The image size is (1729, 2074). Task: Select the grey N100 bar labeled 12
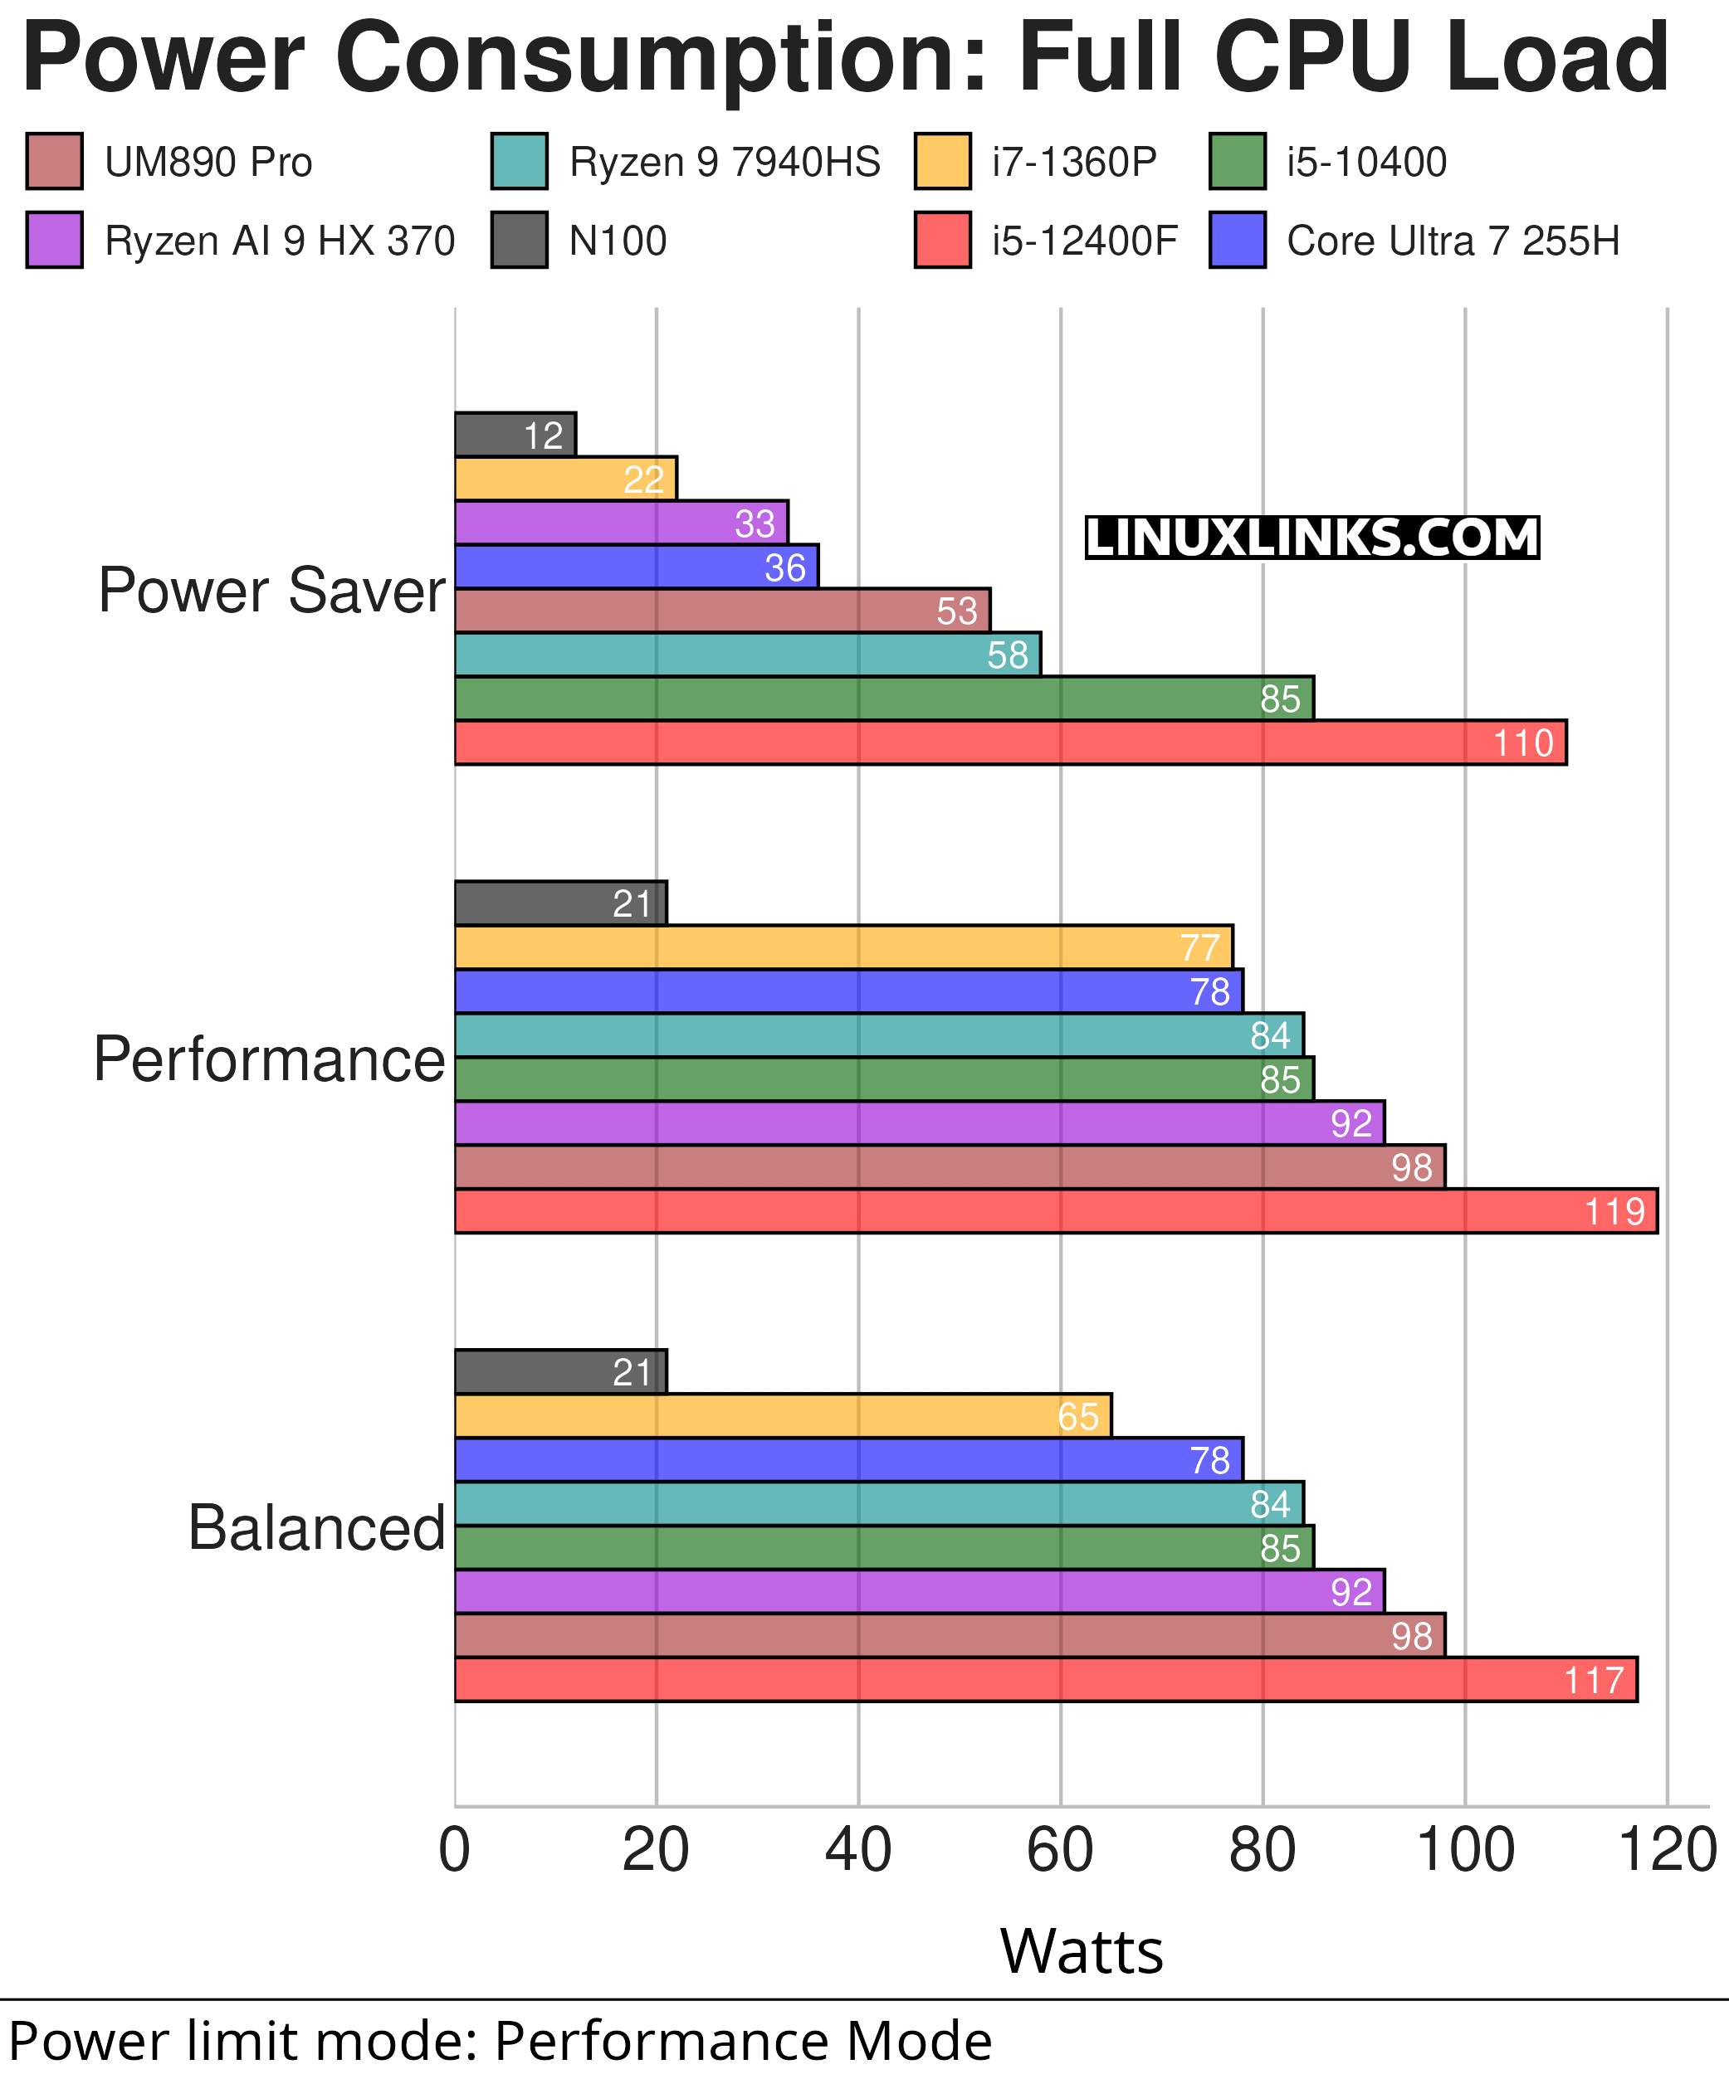click(x=514, y=435)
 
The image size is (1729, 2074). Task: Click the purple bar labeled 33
click(x=620, y=523)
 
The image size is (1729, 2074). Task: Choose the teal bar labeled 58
click(x=746, y=655)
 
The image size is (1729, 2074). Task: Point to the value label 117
click(x=1593, y=1680)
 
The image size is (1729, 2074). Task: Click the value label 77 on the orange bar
click(x=1199, y=948)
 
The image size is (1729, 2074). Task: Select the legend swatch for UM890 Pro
click(x=54, y=161)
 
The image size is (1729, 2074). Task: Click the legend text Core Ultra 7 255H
click(x=1453, y=241)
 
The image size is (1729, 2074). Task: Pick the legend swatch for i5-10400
click(x=1237, y=161)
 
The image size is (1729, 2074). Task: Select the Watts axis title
click(x=1082, y=1951)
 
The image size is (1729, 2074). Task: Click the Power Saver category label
click(x=271, y=591)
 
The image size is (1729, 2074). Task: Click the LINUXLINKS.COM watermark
click(x=1312, y=538)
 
